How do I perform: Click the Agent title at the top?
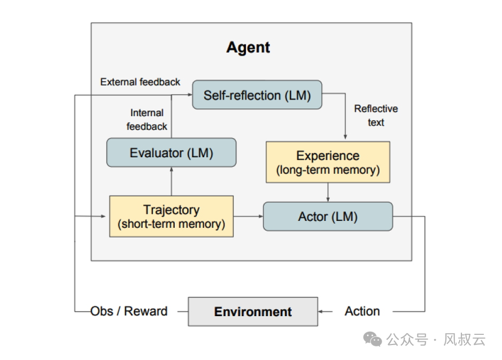(248, 47)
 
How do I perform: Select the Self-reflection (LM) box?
(257, 95)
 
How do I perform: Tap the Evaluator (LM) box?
(171, 153)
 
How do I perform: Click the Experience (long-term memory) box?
(328, 162)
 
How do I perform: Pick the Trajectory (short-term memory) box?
(171, 217)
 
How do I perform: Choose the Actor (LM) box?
(328, 217)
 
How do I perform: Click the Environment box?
(253, 311)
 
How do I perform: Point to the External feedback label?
(140, 82)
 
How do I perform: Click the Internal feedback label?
(147, 120)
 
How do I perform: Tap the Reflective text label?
(376, 116)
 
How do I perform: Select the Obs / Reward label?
(129, 311)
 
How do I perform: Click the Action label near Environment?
(362, 311)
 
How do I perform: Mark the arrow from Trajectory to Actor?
(248, 217)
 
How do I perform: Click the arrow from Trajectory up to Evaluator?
(171, 181)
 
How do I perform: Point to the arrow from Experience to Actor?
(328, 192)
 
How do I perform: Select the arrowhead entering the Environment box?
(321, 311)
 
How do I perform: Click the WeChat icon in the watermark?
(373, 339)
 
